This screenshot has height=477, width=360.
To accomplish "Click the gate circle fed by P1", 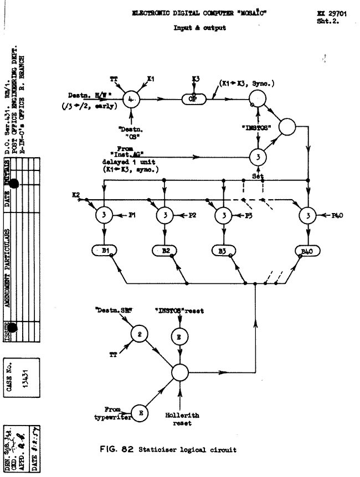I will (103, 215).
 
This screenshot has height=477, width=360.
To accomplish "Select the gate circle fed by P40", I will (307, 215).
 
